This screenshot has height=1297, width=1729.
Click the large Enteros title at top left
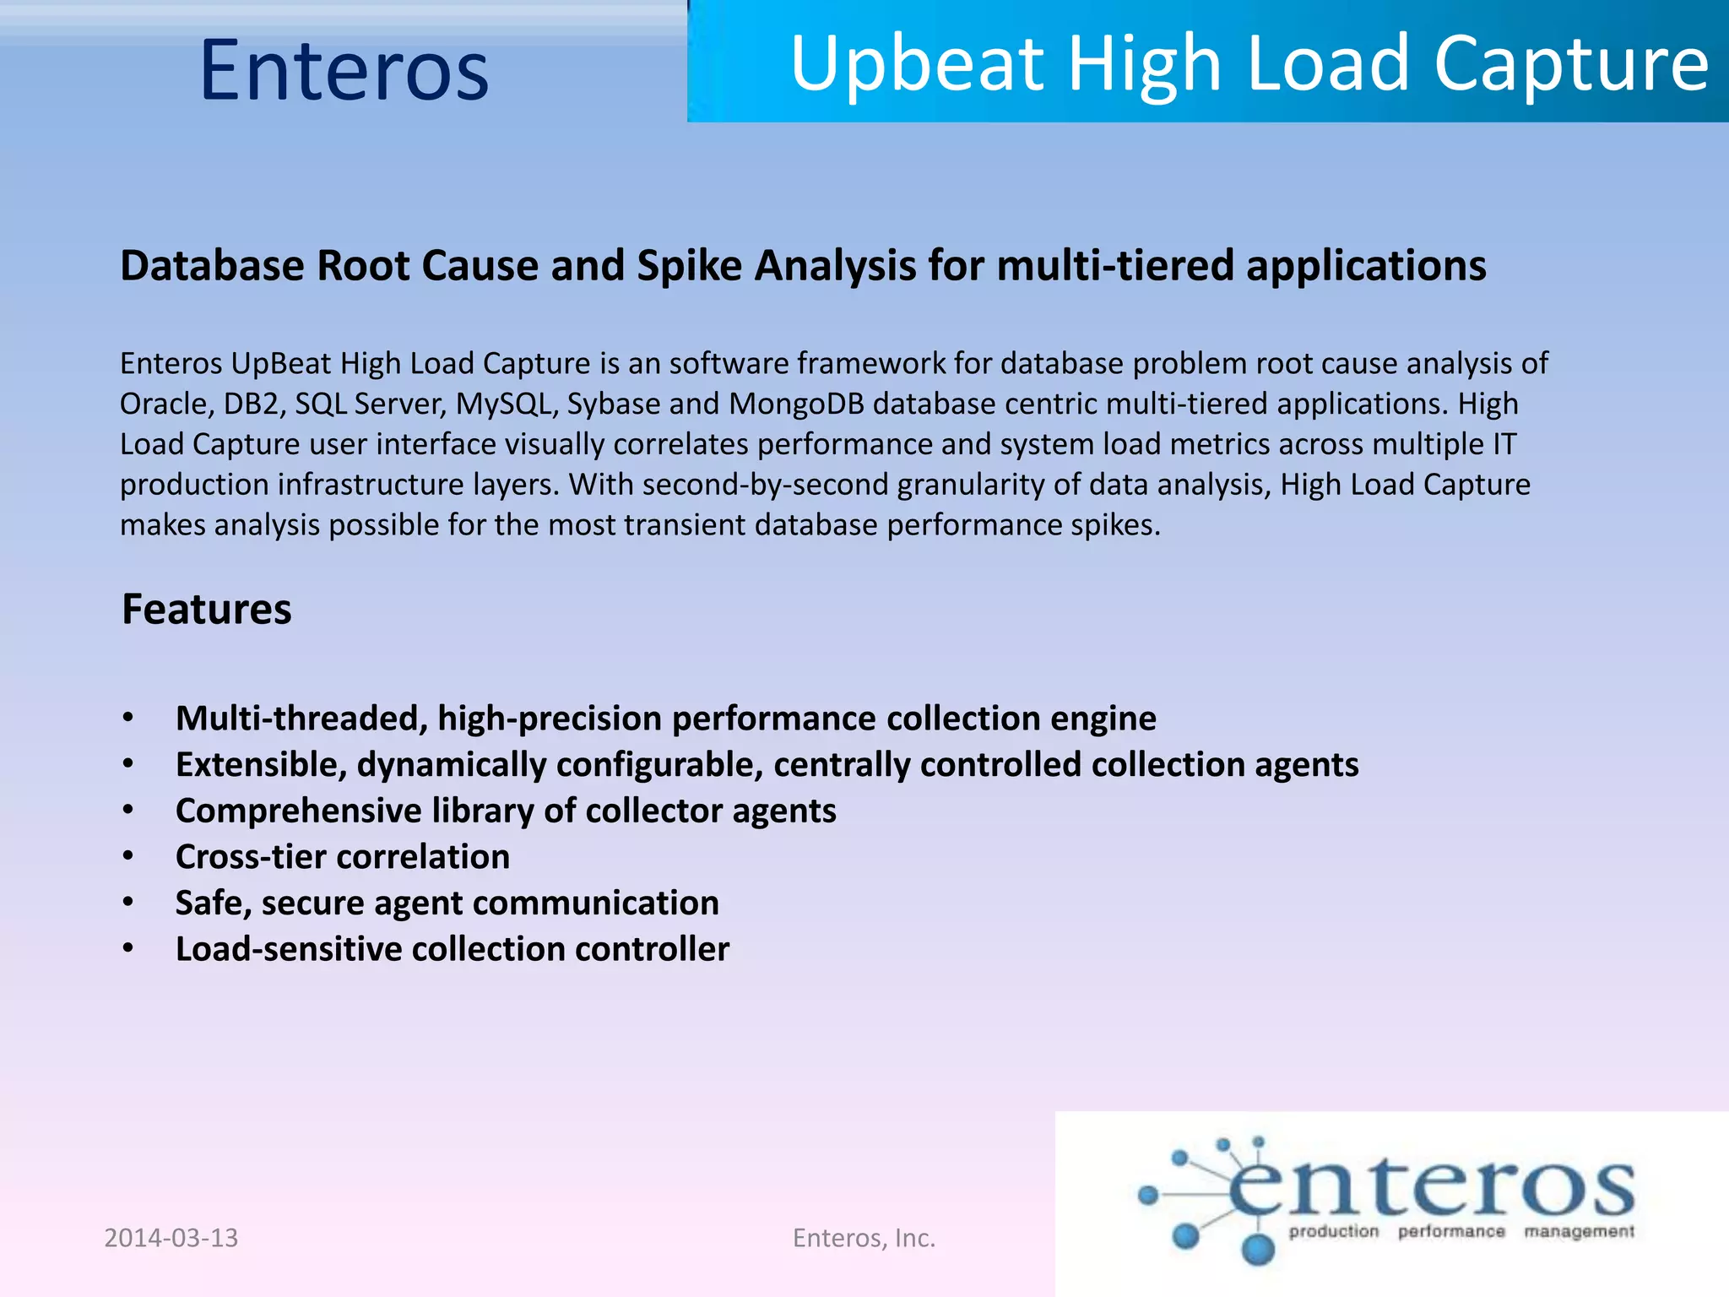(344, 71)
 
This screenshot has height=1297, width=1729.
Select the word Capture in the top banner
(1571, 64)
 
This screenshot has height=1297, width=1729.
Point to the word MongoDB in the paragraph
(797, 404)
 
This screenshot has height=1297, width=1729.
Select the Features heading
(207, 609)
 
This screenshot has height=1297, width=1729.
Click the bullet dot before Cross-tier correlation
(128, 856)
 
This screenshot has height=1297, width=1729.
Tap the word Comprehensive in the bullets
(298, 811)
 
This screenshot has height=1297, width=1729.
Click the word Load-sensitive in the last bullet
(289, 949)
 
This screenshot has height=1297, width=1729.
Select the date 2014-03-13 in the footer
(171, 1238)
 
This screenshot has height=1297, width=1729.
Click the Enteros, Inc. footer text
(864, 1238)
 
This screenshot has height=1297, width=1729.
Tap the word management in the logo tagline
(1579, 1232)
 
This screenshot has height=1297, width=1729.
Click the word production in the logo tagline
(1333, 1232)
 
